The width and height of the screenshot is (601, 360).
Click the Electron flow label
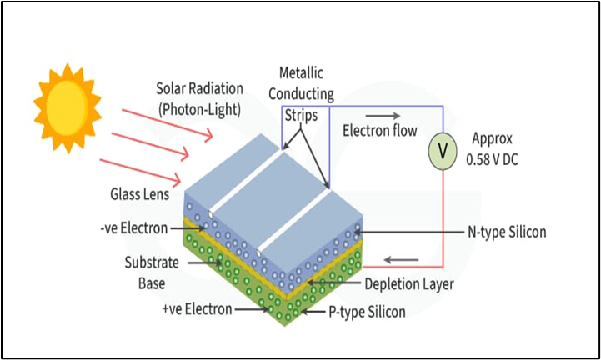click(380, 131)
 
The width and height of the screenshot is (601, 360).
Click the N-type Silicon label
click(507, 232)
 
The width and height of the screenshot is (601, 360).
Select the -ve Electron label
click(132, 227)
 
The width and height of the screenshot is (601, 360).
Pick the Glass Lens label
click(139, 193)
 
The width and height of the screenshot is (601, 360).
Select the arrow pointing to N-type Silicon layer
click(408, 232)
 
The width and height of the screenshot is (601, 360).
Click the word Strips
click(302, 115)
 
